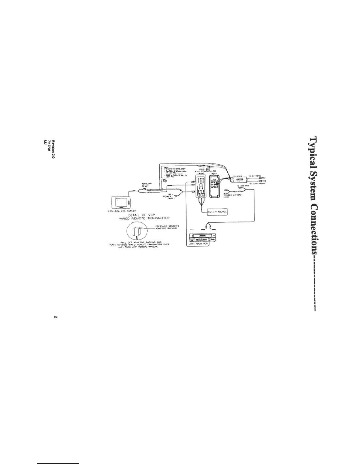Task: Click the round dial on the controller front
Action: pos(201,186)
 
